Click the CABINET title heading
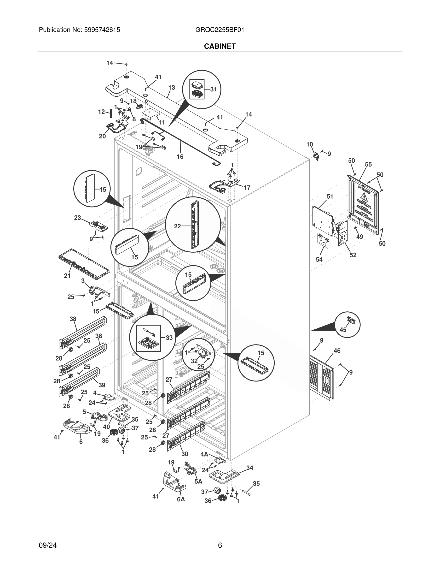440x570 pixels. click(220, 46)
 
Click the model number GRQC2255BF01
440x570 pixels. click(220, 30)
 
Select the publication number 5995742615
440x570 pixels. click(102, 30)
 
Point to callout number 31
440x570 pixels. click(214, 89)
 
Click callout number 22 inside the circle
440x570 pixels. click(178, 226)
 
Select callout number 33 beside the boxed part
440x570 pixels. click(169, 338)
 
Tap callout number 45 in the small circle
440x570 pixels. click(343, 330)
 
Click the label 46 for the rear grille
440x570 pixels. click(337, 351)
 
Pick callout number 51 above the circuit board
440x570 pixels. click(330, 196)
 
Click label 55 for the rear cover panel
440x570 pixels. click(368, 164)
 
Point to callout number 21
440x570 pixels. click(67, 276)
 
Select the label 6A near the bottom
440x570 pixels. click(181, 499)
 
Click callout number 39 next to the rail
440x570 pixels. click(102, 385)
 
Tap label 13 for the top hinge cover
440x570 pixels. click(172, 88)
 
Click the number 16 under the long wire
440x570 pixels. click(180, 157)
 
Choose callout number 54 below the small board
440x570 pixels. click(319, 259)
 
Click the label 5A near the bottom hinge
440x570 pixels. click(198, 481)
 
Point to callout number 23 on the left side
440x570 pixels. click(77, 218)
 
